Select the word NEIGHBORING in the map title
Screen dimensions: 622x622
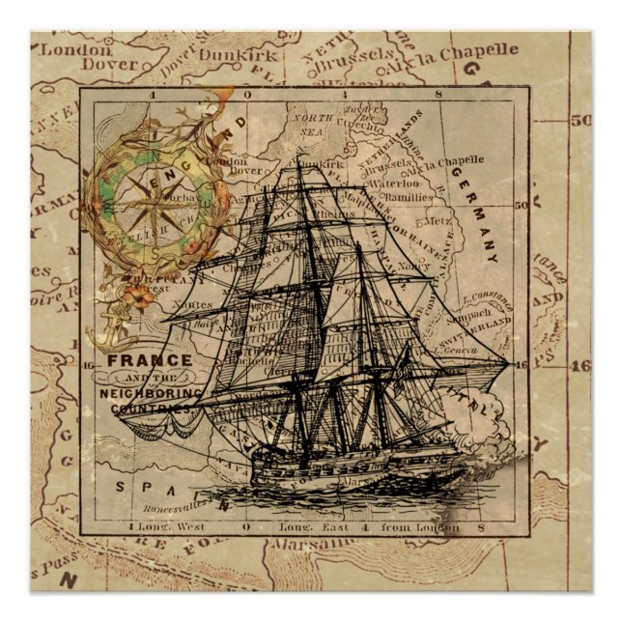(x=151, y=394)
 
